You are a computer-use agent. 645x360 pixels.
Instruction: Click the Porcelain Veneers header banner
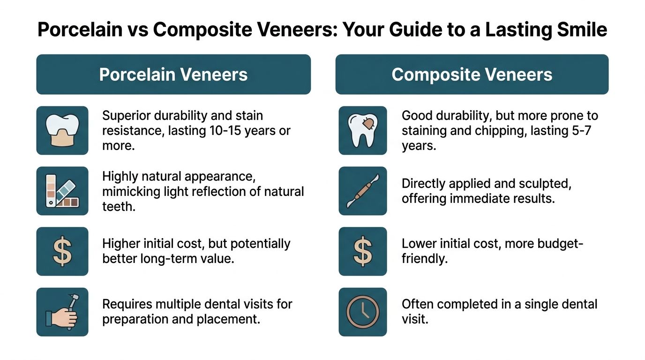pos(173,75)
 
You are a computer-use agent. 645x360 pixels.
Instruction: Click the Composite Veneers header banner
pos(472,75)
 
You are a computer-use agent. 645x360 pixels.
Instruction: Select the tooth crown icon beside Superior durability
pos(62,130)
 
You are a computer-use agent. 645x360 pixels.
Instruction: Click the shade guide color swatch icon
pos(62,191)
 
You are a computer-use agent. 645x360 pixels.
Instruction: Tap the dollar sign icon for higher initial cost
pos(62,251)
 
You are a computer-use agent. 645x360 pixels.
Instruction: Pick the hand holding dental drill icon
pos(62,312)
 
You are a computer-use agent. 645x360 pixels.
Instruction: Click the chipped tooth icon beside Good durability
pos(363,130)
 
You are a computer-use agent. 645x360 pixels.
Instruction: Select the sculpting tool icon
pos(363,191)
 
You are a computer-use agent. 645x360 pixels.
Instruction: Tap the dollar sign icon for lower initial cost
pos(363,251)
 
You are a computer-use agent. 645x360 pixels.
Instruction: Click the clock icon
pos(363,312)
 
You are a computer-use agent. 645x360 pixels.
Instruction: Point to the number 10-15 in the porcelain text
pos(225,131)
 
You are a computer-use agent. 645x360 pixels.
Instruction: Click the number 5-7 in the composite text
pos(581,131)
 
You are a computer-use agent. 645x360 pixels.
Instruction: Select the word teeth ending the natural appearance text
pos(119,207)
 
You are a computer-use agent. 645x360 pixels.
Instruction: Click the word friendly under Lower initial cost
pos(425,258)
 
